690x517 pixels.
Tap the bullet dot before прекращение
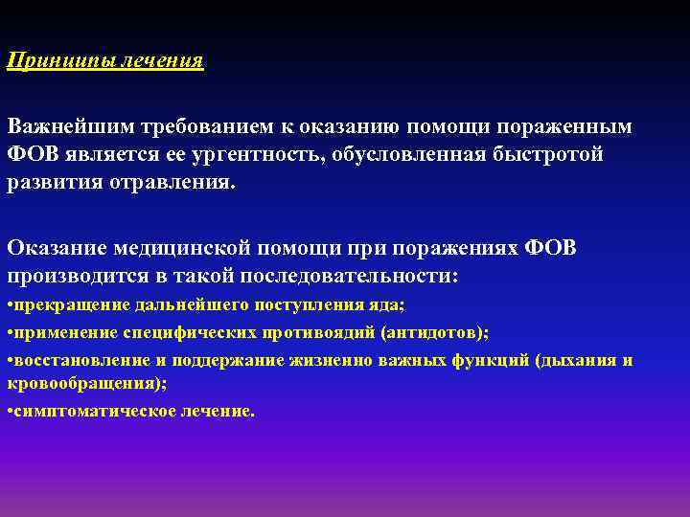point(10,305)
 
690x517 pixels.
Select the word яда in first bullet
point(390,305)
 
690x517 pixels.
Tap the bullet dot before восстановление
point(10,361)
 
